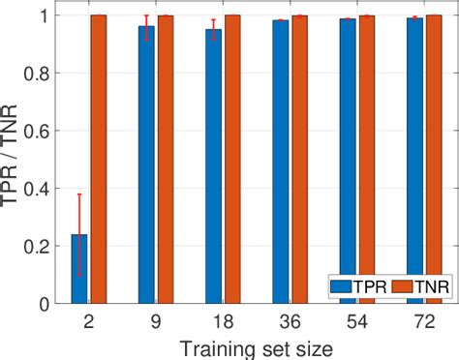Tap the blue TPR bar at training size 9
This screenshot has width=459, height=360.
[x=146, y=165]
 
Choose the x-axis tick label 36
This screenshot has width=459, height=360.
[x=288, y=321]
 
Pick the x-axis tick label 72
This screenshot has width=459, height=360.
[x=421, y=321]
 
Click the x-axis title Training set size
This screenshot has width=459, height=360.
[x=254, y=345]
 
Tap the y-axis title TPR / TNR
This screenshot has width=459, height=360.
[x=11, y=160]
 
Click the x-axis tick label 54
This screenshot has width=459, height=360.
[x=354, y=321]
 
